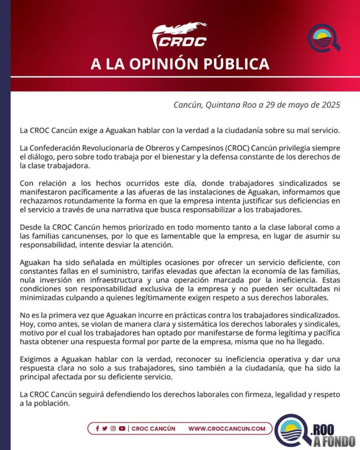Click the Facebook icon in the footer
pyautogui.click(x=97, y=428)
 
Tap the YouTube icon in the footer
pyautogui.click(x=122, y=428)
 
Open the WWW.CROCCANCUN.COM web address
pyautogui.click(x=227, y=428)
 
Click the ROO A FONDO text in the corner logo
pyautogui.click(x=335, y=435)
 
